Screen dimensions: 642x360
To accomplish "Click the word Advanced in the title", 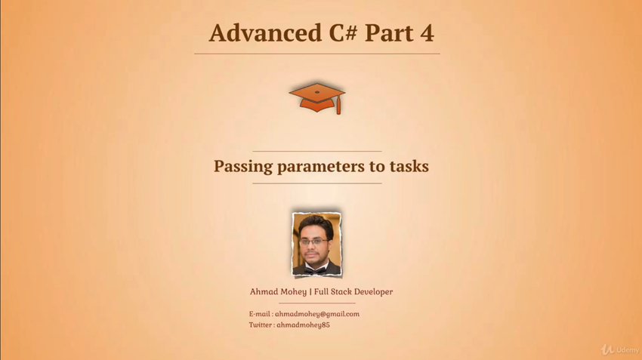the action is click(265, 32).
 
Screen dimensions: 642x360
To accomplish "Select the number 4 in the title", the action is click(427, 32).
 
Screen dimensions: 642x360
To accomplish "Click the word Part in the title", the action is click(388, 32).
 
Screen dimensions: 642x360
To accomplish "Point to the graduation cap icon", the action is click(317, 98).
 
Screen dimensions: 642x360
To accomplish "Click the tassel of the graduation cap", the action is click(338, 106).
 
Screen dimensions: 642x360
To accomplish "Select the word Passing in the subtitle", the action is click(243, 167).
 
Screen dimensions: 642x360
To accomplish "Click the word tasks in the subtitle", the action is click(409, 166).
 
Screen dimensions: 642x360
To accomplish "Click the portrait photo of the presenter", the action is click(316, 245).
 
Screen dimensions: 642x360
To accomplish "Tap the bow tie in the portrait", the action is click(315, 270).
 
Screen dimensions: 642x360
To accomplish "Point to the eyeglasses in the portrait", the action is click(313, 242).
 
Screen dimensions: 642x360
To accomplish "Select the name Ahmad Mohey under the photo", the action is click(278, 291).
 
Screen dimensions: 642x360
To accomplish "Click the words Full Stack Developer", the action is click(353, 291).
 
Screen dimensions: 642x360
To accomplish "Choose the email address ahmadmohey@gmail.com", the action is click(317, 314).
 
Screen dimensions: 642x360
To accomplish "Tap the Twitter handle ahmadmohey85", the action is click(303, 325).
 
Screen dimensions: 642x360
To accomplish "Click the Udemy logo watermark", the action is click(620, 349).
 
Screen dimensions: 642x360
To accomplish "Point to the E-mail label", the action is click(259, 314).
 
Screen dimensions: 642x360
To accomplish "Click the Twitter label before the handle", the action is click(260, 325).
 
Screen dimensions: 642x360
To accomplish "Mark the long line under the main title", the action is click(317, 54).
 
